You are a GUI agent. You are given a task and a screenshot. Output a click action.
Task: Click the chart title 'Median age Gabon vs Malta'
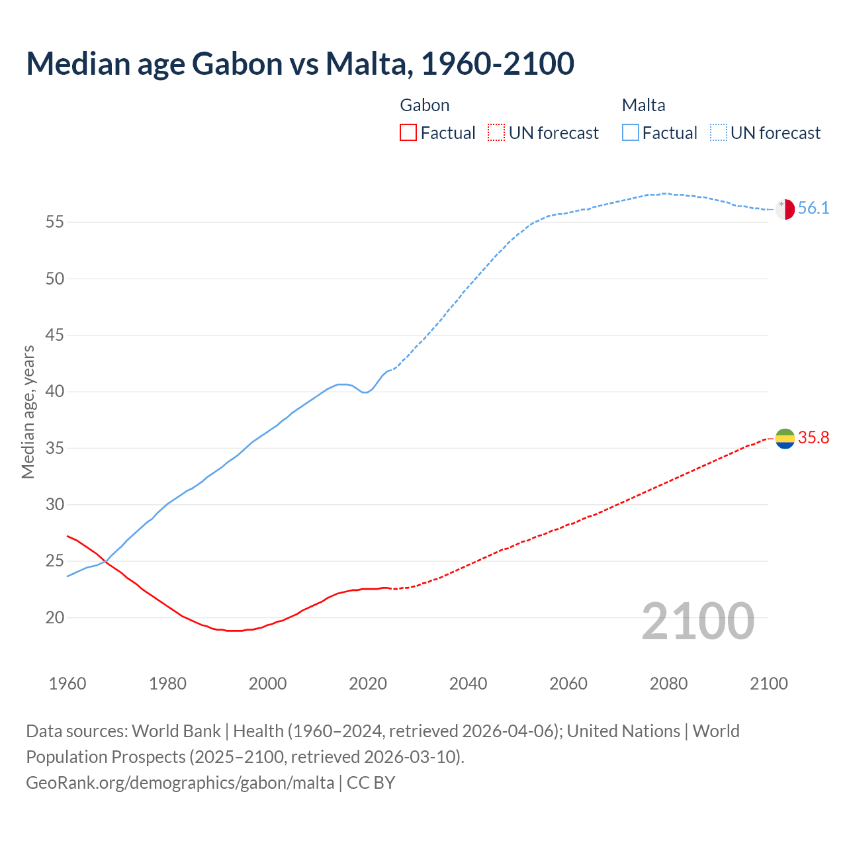click(300, 64)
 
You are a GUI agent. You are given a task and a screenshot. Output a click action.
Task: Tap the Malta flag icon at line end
click(785, 208)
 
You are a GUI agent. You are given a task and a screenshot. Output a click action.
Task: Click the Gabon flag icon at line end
click(785, 438)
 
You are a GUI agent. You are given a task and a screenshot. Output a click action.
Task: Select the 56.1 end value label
click(813, 208)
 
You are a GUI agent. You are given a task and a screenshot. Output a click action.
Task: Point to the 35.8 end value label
click(813, 438)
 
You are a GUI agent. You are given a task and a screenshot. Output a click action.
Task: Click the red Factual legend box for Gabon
click(408, 133)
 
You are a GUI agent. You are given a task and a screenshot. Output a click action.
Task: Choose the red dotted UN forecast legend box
click(496, 133)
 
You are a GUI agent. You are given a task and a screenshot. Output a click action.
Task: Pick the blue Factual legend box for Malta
click(631, 133)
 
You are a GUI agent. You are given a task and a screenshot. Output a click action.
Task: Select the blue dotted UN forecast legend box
click(719, 133)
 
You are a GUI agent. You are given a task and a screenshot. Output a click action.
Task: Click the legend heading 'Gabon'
click(425, 105)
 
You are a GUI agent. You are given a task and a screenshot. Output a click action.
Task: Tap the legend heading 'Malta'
click(643, 105)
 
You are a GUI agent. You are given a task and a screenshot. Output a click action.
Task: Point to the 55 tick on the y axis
click(55, 222)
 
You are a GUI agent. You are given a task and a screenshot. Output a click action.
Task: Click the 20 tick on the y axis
click(55, 618)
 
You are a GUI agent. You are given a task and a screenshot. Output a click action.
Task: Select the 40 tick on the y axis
click(55, 392)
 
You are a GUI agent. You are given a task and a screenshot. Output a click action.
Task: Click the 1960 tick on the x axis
click(67, 684)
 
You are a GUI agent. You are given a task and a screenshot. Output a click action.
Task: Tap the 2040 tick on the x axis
click(468, 684)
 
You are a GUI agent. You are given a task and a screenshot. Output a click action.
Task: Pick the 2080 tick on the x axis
click(668, 684)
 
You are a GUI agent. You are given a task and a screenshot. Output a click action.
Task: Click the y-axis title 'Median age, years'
click(28, 412)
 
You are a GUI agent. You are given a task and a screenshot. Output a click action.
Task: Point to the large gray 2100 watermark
click(698, 621)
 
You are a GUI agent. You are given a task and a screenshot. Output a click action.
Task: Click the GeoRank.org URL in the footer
click(180, 783)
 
